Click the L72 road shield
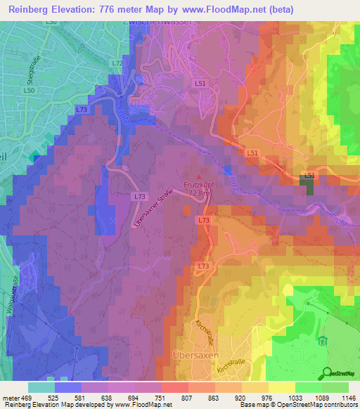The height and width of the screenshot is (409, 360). [x=117, y=63]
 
